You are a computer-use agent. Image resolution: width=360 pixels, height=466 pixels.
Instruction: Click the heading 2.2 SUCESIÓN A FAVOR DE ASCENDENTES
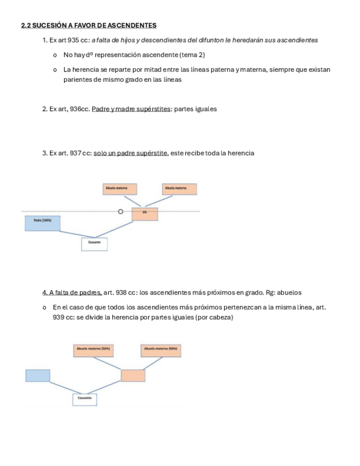tap(88, 25)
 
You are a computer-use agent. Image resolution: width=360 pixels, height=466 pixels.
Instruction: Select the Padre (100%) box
tap(42, 223)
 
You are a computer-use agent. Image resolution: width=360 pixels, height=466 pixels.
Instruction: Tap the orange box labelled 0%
tap(145, 214)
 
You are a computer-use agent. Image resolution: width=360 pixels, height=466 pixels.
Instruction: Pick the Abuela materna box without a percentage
tap(179, 189)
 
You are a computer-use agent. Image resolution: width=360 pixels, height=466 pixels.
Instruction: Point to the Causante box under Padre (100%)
tap(94, 244)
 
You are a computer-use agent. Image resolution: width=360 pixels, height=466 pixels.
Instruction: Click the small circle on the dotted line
tap(120, 211)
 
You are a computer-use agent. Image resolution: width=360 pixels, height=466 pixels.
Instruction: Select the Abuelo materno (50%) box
tap(93, 350)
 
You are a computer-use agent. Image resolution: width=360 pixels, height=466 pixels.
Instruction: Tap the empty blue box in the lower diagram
tap(37, 375)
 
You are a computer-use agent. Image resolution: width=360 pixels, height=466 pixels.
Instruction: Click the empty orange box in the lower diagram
tap(133, 375)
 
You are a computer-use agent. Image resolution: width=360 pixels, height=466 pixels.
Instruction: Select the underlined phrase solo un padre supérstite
tap(130, 153)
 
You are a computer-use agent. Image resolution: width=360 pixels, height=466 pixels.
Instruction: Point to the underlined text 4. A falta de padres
tap(71, 292)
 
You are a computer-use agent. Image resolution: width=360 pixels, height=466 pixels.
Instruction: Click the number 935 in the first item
tap(74, 40)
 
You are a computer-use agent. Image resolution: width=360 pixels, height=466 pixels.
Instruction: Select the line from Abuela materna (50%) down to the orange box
tap(153, 363)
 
